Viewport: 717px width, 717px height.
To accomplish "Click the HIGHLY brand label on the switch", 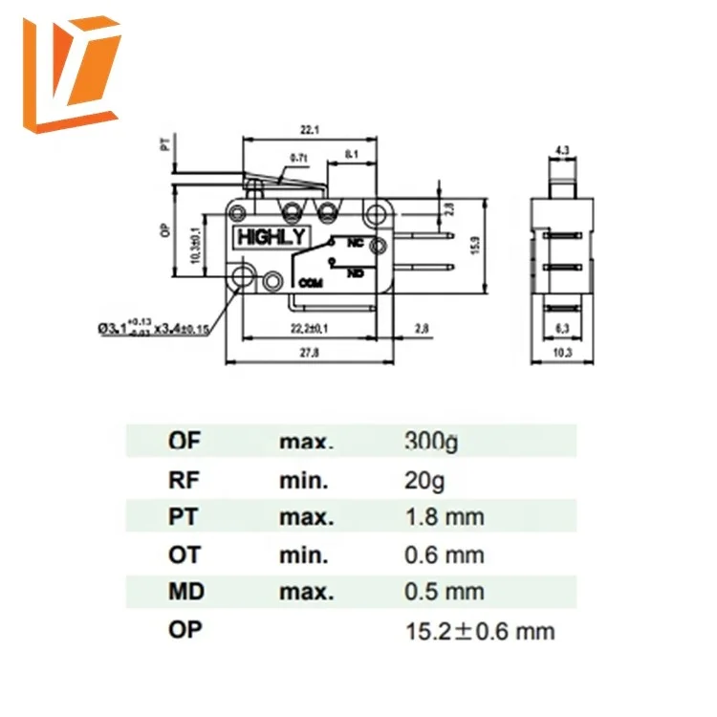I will point(272,236).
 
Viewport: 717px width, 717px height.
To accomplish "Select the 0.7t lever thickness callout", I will point(297,158).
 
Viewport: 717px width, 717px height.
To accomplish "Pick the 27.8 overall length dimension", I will point(309,354).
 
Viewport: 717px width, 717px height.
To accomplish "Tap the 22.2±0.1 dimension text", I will point(312,329).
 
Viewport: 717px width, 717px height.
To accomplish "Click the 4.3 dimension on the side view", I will point(564,149).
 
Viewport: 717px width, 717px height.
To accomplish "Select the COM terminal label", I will point(311,283).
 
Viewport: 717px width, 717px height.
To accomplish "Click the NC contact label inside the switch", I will point(355,243).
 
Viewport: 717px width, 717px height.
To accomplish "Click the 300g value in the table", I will point(432,442).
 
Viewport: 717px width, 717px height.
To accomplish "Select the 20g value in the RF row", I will point(425,480).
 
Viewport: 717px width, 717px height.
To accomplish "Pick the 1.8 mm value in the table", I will point(445,517).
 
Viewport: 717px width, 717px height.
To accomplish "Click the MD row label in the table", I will point(186,593).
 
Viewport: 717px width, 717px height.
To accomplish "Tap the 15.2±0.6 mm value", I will point(480,631).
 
